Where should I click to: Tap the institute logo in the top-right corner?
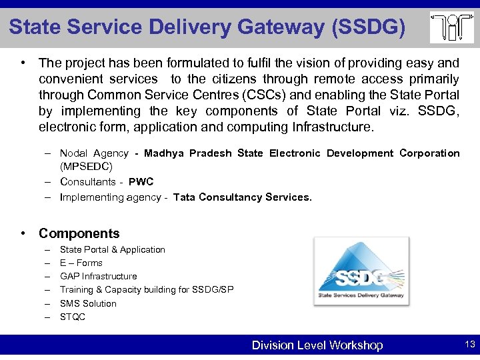(451, 27)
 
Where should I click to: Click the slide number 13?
(469, 345)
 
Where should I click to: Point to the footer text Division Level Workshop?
(317, 345)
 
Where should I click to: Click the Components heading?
(79, 233)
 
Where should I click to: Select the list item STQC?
(73, 317)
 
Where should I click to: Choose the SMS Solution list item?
(88, 303)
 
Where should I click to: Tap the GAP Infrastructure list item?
(99, 276)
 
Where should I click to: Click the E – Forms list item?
(81, 263)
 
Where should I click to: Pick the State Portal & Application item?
(113, 249)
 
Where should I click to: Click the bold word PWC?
(141, 181)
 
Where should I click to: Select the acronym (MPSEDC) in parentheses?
(86, 165)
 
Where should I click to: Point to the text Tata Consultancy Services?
(242, 197)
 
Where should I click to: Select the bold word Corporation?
(429, 153)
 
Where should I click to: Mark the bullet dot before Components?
(23, 233)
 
